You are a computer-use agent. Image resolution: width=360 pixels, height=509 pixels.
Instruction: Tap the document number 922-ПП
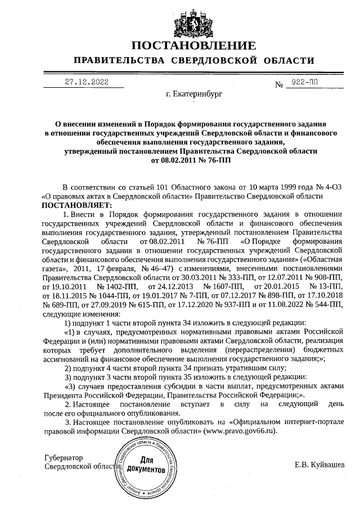coord(304,82)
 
